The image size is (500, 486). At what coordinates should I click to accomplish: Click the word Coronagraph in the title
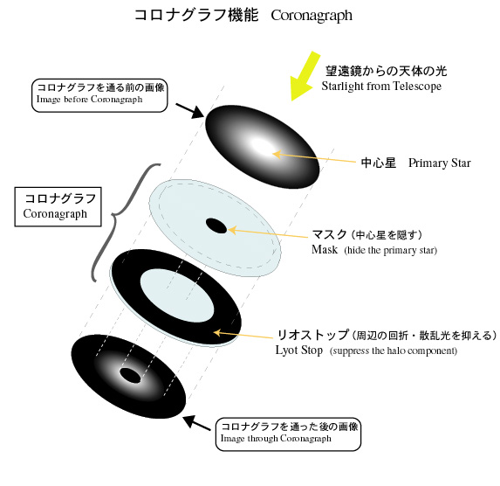tap(312, 16)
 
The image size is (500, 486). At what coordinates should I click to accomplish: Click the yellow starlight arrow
tap(305, 76)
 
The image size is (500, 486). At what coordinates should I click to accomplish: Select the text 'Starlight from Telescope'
tap(381, 87)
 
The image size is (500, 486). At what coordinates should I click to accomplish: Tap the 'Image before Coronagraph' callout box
tap(99, 95)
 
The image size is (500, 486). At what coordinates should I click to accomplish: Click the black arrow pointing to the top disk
tap(189, 110)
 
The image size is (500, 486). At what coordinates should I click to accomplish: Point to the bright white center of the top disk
tap(262, 146)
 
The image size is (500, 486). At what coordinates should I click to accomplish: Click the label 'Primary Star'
tap(440, 163)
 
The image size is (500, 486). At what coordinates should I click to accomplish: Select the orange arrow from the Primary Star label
tap(314, 158)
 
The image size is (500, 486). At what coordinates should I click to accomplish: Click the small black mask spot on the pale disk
tap(216, 226)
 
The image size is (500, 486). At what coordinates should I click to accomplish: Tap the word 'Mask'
tap(325, 249)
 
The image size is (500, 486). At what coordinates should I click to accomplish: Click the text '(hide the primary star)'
tap(390, 250)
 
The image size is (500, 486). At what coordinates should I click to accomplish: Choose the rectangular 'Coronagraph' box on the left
tap(58, 207)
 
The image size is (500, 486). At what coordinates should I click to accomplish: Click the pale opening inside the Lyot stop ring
tap(176, 295)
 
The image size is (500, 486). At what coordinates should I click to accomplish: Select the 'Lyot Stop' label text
tap(299, 351)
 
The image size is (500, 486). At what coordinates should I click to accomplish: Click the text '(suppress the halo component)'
tap(394, 351)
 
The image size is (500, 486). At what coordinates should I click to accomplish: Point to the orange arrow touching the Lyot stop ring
tap(243, 335)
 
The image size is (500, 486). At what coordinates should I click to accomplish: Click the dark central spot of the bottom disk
tap(130, 375)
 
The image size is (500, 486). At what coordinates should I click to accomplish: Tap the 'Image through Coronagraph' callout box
tap(288, 434)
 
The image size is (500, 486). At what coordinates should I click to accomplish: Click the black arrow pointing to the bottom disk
tap(196, 422)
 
